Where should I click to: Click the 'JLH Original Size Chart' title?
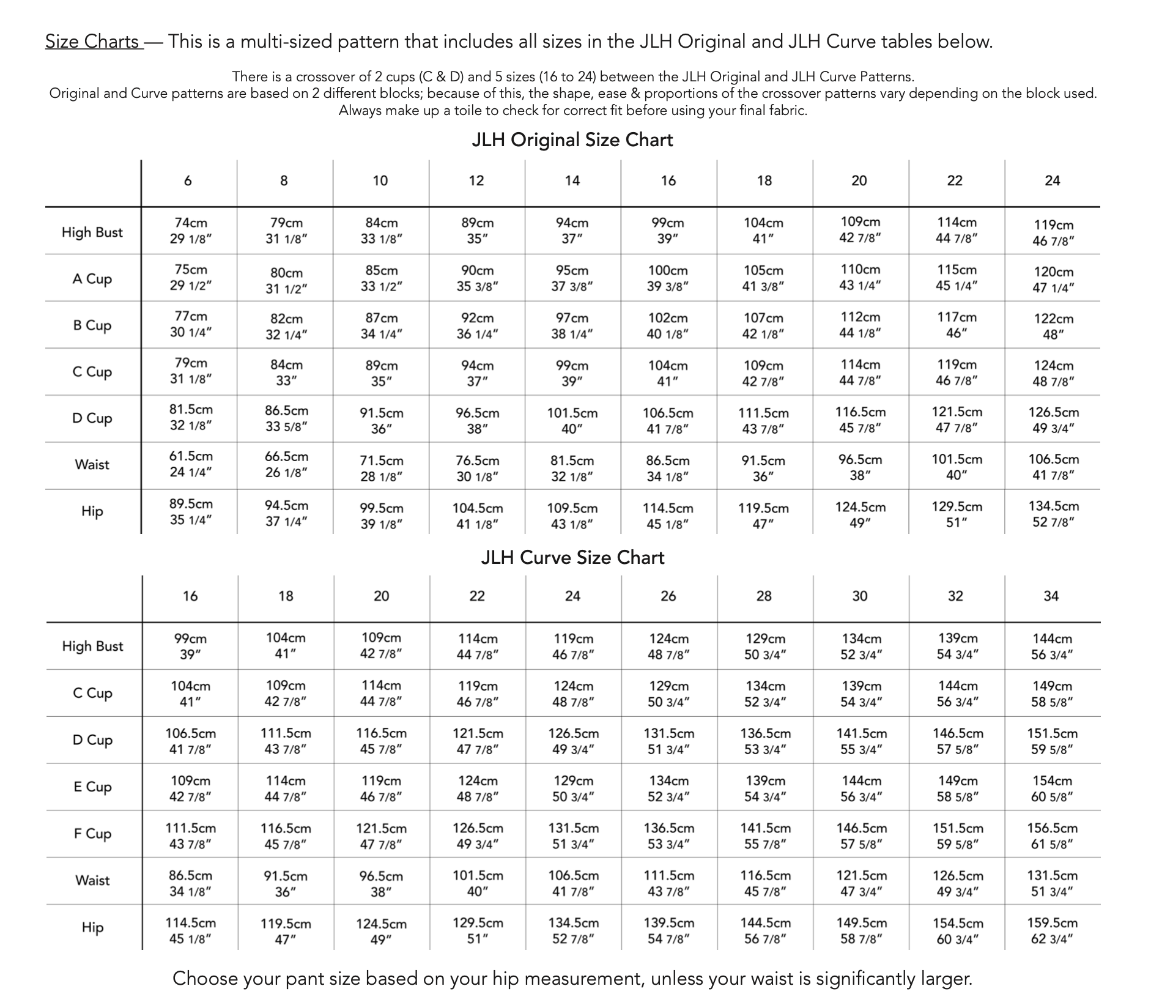coord(572,140)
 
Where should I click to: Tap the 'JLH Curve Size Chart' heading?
coord(572,558)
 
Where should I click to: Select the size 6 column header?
coord(188,181)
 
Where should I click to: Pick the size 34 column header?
coord(1051,596)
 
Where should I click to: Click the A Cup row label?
coord(92,279)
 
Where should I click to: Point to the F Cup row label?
coord(93,834)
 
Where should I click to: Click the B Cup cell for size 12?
coord(477,325)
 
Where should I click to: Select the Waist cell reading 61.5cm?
coord(191,464)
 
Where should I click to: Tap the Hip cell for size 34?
coord(1052,930)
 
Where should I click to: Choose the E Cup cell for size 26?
coord(668,788)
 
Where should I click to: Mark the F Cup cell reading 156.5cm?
coord(1052,836)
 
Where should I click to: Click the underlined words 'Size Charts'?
coord(93,42)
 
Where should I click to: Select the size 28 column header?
coord(764,596)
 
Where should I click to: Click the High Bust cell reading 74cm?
coord(191,230)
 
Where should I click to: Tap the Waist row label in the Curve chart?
coord(92,881)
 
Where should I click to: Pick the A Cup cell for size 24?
coord(1053,280)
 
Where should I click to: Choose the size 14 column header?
coord(572,181)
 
